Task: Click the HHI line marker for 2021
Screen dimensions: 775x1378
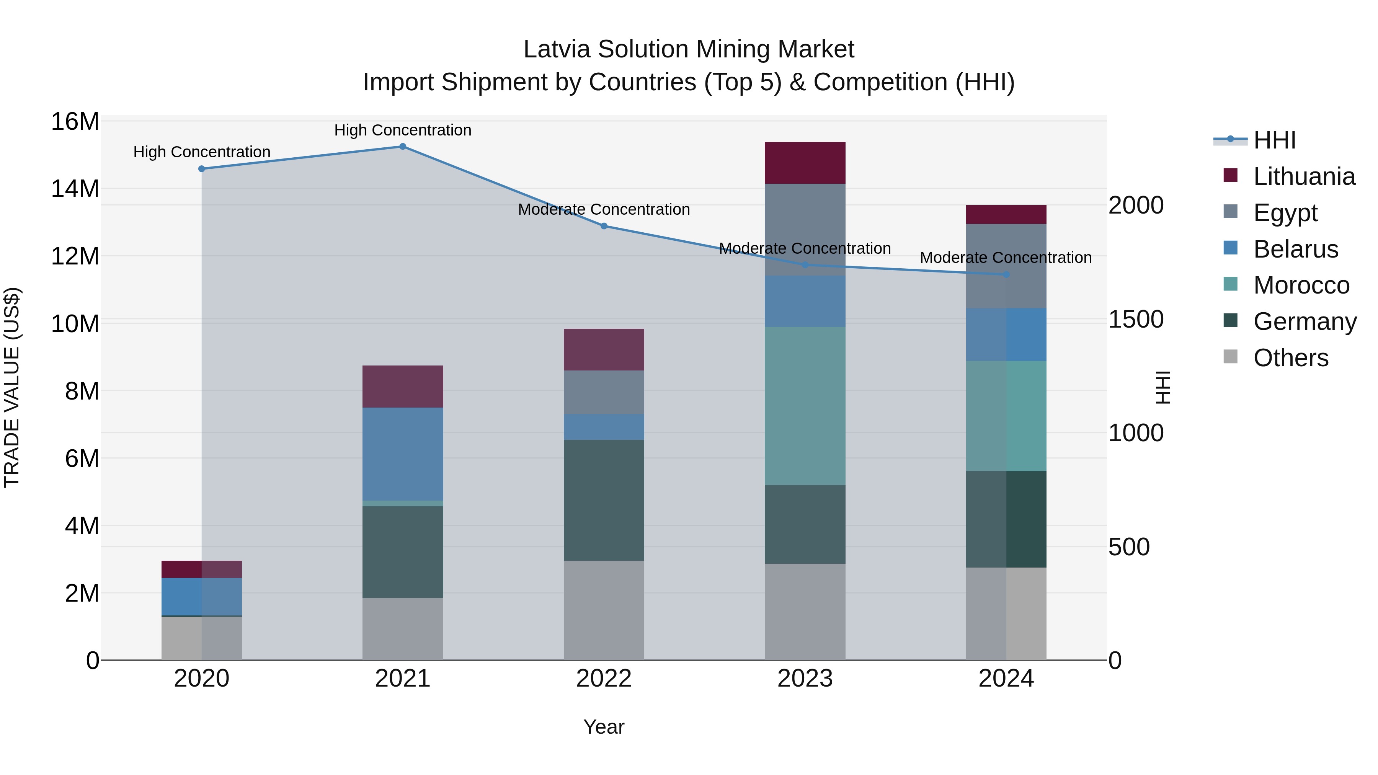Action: pos(403,147)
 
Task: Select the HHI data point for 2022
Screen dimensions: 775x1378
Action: pos(604,226)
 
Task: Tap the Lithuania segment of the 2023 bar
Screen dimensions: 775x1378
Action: pos(805,163)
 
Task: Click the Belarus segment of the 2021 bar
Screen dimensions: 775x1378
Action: pos(403,454)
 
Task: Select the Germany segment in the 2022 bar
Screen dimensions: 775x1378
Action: pos(604,500)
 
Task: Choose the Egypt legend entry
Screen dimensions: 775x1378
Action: pos(1285,213)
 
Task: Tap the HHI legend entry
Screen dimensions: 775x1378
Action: pos(1274,140)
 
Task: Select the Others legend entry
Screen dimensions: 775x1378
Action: pos(1290,358)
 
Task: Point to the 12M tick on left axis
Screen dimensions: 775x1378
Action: pos(75,256)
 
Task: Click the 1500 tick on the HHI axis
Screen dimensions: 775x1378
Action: pos(1135,319)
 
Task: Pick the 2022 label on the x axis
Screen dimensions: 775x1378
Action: pos(604,679)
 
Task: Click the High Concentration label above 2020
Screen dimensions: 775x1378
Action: pos(202,152)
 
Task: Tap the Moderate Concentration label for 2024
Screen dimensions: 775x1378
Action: pos(1006,257)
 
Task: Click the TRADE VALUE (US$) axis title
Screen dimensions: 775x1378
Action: pos(12,387)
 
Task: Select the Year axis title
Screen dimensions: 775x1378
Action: pos(604,727)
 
